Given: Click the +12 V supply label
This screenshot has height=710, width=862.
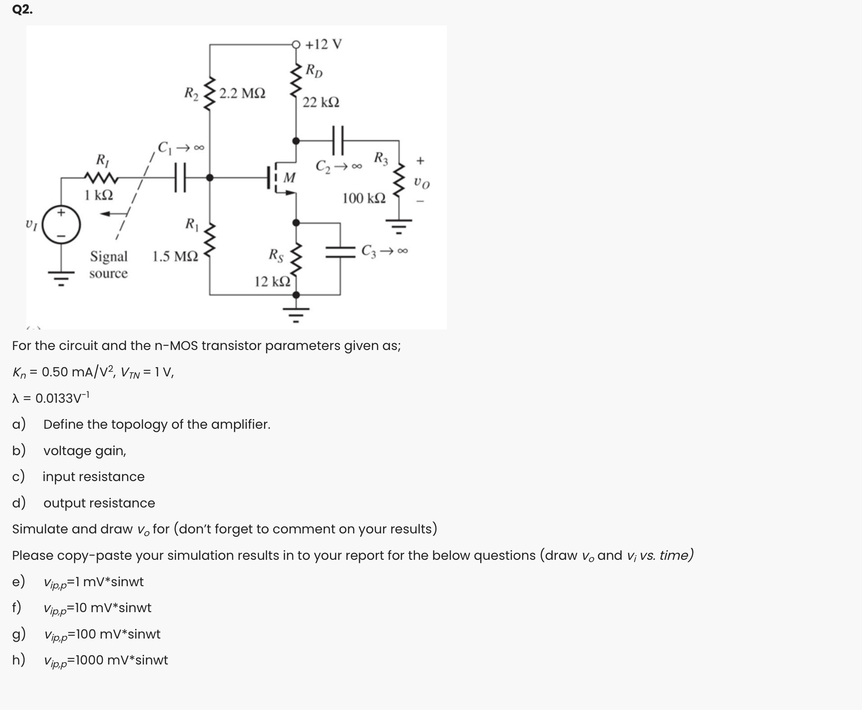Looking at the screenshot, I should click(324, 45).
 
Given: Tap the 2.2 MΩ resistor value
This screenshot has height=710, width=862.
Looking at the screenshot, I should click(242, 94).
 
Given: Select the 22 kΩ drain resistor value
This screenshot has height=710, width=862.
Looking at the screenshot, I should click(321, 102).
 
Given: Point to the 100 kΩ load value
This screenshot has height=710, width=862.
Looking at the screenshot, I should click(364, 198).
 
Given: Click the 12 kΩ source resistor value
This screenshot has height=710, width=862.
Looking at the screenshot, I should click(272, 282).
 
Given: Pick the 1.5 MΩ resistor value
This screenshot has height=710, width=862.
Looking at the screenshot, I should click(175, 257).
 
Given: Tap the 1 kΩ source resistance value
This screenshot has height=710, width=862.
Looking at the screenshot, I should click(99, 195).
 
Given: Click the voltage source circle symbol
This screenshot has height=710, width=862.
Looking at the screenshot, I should click(61, 225).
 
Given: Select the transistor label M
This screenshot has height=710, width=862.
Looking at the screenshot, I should click(289, 177).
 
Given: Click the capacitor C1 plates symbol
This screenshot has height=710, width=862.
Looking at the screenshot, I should click(180, 177).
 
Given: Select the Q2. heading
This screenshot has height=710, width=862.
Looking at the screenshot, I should click(22, 10).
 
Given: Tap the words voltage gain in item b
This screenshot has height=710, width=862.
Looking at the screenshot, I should click(85, 451).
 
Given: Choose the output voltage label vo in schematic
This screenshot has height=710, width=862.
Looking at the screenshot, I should click(421, 183).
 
